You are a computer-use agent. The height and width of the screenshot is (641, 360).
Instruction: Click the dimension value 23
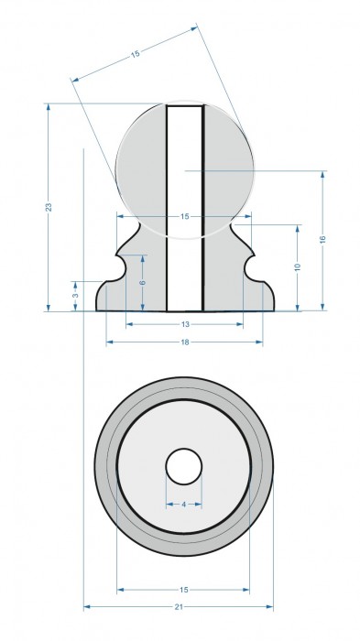click(49, 207)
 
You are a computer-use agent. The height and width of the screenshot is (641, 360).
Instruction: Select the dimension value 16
click(322, 240)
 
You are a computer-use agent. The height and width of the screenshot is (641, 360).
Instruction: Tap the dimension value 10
click(298, 266)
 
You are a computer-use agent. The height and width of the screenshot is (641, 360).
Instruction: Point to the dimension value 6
click(143, 282)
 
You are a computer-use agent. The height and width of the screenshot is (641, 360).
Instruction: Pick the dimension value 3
click(75, 296)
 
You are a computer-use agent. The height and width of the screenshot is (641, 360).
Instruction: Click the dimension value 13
click(185, 324)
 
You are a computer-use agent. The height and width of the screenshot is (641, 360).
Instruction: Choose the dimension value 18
click(185, 342)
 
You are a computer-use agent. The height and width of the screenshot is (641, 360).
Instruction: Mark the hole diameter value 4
click(184, 505)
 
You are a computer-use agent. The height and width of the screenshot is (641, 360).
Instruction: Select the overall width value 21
click(179, 606)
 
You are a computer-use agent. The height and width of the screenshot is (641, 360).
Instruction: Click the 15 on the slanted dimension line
click(135, 53)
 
